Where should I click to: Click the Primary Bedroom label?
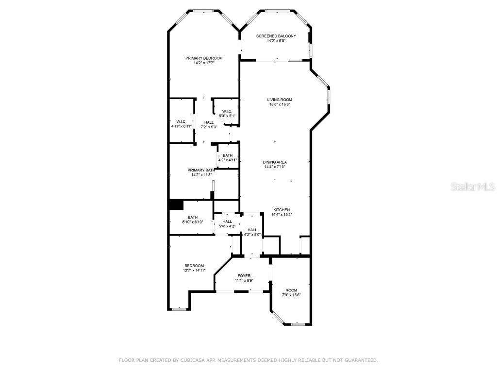(x=204, y=58)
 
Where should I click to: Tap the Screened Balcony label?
(x=276, y=36)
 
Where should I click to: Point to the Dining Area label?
(x=275, y=162)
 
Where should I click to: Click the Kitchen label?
(x=281, y=210)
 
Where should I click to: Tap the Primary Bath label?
(x=201, y=170)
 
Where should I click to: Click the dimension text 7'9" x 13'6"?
(x=291, y=295)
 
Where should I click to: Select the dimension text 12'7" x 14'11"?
(x=194, y=270)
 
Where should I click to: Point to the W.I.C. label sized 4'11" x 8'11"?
(x=181, y=121)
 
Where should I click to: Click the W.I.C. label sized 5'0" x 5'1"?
(x=227, y=111)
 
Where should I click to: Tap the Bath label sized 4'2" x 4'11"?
(x=227, y=155)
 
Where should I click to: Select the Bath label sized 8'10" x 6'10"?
(x=193, y=217)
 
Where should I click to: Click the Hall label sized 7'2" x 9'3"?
(x=209, y=122)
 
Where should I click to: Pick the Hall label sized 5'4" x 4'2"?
(x=227, y=221)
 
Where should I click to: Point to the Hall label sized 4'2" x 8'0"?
(x=252, y=230)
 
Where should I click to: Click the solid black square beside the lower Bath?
(x=176, y=205)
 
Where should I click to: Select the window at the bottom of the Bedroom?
(x=180, y=309)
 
